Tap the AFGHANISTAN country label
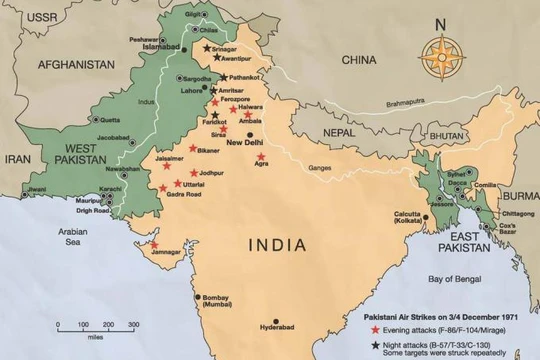click(x=76, y=64)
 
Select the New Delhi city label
click(x=245, y=143)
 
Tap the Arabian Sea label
click(x=75, y=235)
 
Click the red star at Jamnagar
click(x=153, y=242)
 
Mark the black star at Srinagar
click(x=208, y=48)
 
